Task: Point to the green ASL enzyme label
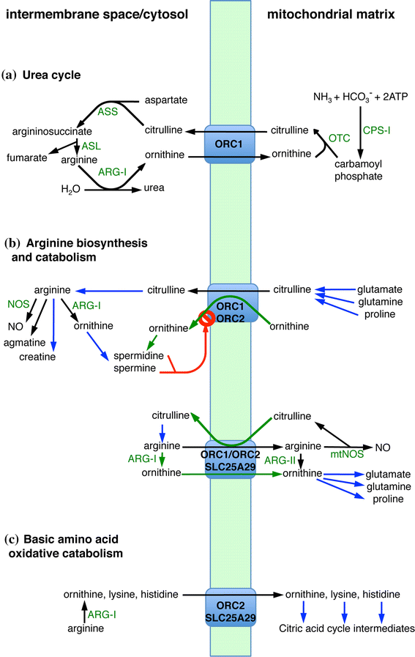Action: [x=91, y=146]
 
